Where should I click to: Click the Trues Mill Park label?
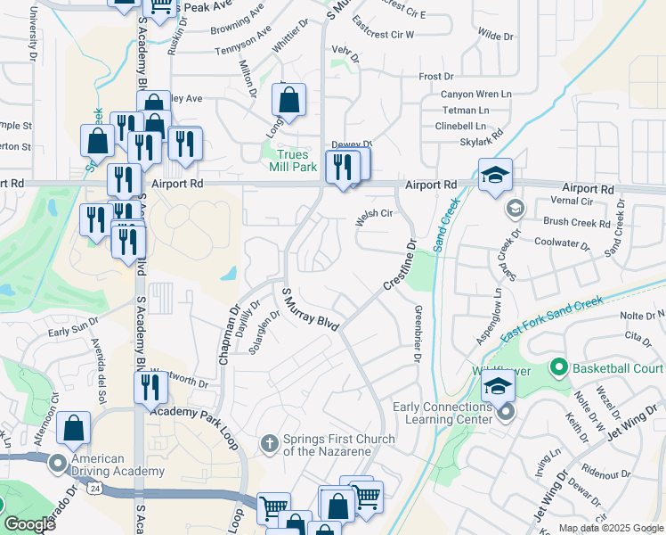click(293, 160)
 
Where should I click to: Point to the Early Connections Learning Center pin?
click(506, 412)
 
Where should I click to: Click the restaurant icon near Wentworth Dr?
click(150, 388)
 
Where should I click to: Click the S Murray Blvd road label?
click(311, 310)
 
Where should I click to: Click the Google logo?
click(29, 524)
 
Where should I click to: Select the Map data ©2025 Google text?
click(611, 528)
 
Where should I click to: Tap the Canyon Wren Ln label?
click(476, 94)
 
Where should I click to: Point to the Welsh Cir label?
click(374, 214)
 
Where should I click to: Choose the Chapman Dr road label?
click(230, 336)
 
